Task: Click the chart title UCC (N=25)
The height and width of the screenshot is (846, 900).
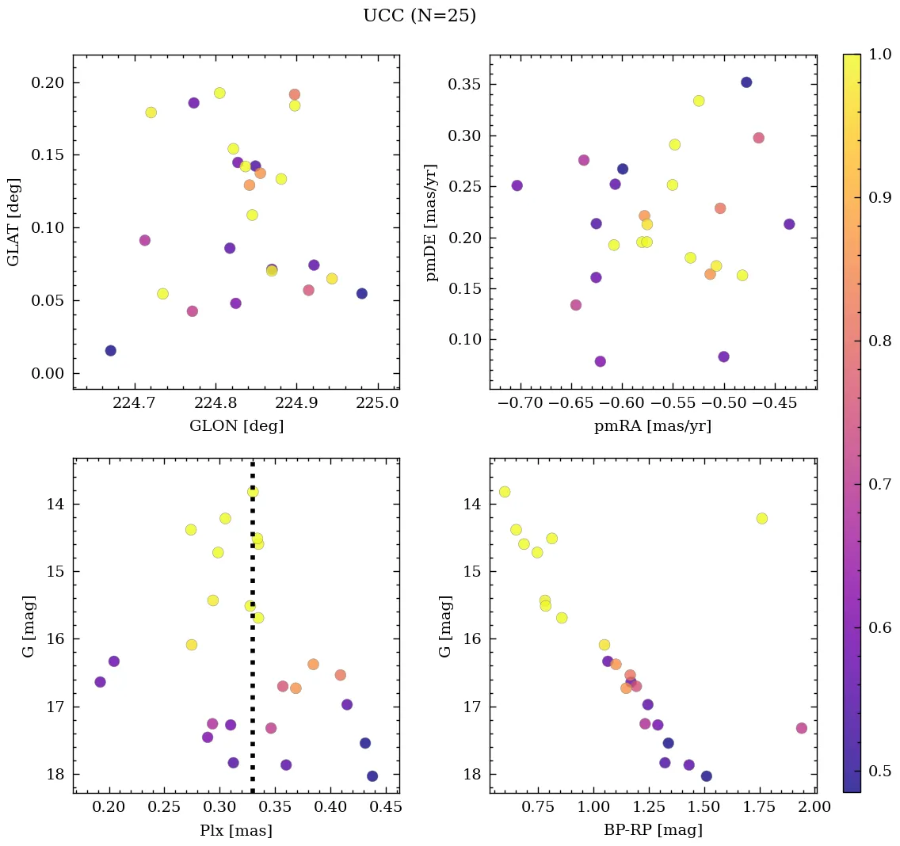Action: click(x=419, y=16)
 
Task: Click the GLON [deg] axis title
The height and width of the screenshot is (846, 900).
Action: click(x=236, y=425)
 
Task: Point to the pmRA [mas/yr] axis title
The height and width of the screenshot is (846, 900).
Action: click(x=653, y=426)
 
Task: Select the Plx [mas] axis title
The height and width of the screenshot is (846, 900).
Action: click(x=236, y=830)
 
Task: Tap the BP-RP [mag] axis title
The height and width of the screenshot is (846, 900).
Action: click(x=653, y=830)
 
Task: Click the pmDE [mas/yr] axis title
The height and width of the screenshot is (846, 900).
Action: click(x=432, y=222)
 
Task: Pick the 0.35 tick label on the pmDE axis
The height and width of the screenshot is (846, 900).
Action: click(x=467, y=85)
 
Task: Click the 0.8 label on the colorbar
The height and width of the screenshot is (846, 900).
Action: click(x=875, y=341)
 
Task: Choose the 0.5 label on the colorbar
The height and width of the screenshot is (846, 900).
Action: click(x=875, y=771)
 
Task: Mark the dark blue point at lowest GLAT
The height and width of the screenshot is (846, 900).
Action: click(x=111, y=350)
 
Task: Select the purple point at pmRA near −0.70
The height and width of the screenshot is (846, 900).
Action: click(x=517, y=185)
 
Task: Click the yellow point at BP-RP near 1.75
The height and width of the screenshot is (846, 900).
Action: click(x=762, y=518)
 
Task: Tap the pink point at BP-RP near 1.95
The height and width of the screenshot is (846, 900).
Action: click(x=802, y=728)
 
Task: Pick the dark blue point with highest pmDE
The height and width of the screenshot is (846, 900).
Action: click(x=746, y=82)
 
